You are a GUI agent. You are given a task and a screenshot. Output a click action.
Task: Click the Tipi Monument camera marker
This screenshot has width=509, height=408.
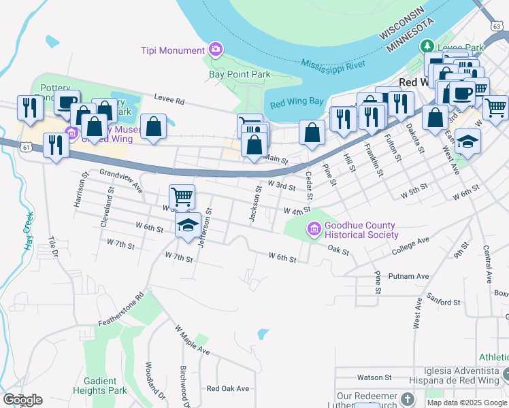click(x=216, y=49)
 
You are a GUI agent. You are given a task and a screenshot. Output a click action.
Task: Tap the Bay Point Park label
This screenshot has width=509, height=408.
click(x=240, y=75)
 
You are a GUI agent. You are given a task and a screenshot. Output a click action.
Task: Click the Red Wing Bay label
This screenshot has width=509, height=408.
click(x=297, y=103)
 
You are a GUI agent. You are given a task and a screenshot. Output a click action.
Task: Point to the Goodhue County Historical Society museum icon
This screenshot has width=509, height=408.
click(x=314, y=229)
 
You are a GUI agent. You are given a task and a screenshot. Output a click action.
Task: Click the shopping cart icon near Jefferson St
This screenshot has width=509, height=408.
click(x=182, y=197)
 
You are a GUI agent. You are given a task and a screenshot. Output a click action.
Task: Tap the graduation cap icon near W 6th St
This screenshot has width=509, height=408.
click(x=186, y=226)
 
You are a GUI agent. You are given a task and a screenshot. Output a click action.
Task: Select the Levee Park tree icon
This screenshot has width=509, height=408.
click(x=427, y=46)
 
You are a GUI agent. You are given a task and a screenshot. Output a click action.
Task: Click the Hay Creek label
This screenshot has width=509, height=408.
click(x=29, y=231)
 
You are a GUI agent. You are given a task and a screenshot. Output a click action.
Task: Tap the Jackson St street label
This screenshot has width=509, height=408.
click(x=255, y=204)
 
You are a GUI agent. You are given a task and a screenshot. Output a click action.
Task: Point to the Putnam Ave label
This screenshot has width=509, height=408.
click(x=408, y=276)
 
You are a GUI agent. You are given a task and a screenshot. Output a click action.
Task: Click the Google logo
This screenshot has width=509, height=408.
click(x=22, y=400)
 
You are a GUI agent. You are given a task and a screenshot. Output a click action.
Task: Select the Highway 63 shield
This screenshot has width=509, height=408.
click(x=494, y=24)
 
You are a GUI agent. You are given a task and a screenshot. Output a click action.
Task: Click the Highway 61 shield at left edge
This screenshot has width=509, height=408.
click(x=25, y=146)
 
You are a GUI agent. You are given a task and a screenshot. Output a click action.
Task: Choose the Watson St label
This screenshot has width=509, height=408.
click(x=374, y=377)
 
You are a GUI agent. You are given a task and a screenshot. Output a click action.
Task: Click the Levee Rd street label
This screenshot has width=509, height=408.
click(x=169, y=100)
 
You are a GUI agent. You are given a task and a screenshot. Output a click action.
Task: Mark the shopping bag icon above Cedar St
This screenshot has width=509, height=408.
click(x=312, y=133)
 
